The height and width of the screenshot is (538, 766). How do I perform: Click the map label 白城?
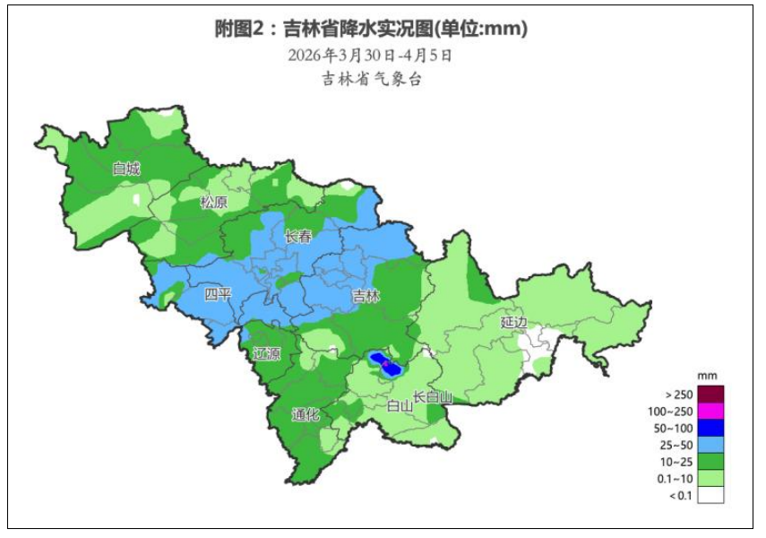(x=126, y=169)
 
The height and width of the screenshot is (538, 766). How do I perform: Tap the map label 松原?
(x=214, y=203)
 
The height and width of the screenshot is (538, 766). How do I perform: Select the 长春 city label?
(x=298, y=237)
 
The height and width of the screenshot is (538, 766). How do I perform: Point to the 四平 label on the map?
(x=218, y=294)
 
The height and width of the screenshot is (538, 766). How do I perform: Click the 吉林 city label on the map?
(x=366, y=296)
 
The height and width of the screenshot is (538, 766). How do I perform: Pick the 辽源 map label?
(x=266, y=353)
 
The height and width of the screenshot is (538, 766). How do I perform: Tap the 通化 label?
(x=306, y=415)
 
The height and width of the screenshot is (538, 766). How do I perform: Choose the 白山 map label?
(x=399, y=405)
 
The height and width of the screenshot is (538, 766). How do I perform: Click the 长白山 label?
(x=433, y=397)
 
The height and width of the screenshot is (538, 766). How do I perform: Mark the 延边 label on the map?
(x=514, y=321)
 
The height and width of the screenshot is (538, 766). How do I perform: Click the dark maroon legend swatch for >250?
(x=710, y=394)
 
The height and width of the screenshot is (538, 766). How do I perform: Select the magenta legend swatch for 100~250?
(x=710, y=411)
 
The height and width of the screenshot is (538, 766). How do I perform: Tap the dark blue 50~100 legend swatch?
(x=710, y=428)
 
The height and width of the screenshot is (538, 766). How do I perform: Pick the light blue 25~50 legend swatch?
(x=710, y=445)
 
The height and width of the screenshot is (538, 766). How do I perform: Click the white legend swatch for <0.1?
(x=710, y=495)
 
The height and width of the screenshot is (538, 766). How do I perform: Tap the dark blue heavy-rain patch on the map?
(x=387, y=365)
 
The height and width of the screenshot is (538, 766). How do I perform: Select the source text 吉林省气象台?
(x=371, y=79)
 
